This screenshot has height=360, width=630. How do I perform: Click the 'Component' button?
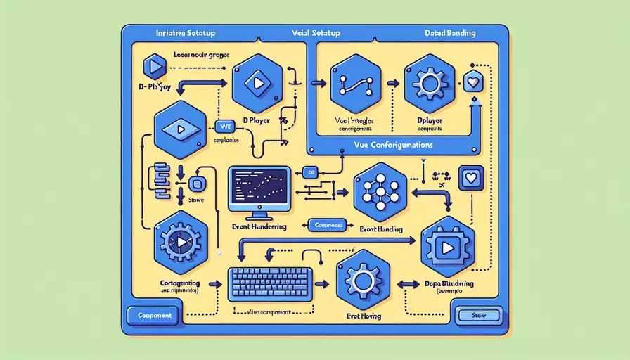[154, 316]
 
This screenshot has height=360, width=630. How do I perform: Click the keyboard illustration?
[270, 284]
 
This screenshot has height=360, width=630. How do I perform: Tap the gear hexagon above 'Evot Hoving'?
[363, 281]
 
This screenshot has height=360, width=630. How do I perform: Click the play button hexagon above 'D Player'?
[259, 82]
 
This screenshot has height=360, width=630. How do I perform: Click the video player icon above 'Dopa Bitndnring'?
[447, 246]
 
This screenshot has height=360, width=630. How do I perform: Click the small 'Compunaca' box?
[326, 226]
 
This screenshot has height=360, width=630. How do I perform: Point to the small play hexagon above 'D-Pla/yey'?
[155, 67]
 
